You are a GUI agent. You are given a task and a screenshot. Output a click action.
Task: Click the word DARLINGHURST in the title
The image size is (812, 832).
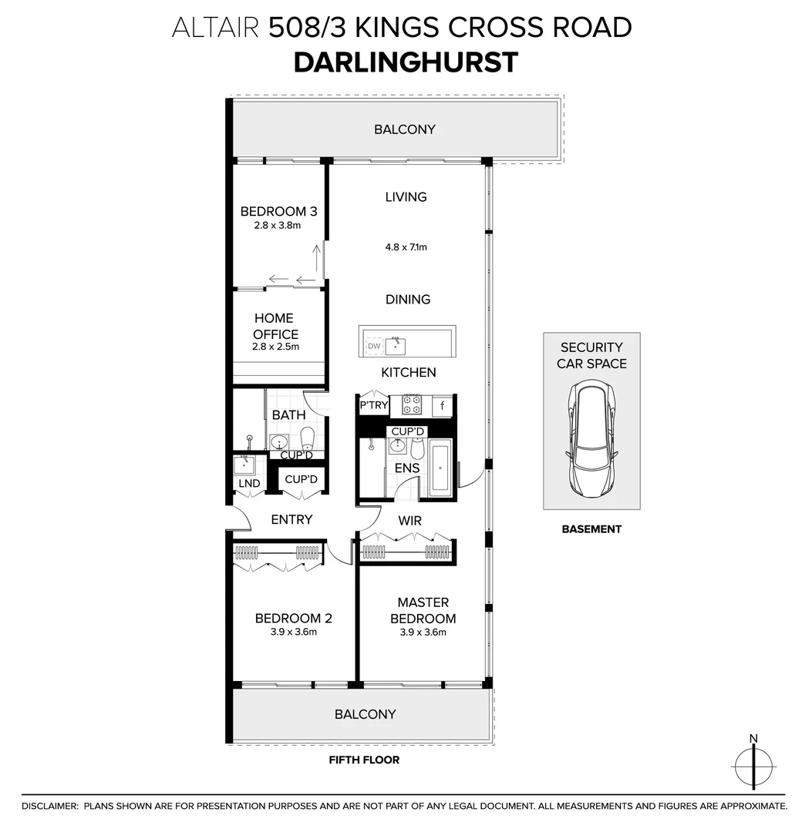point(406,62)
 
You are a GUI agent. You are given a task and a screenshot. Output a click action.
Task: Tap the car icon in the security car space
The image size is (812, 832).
point(591,442)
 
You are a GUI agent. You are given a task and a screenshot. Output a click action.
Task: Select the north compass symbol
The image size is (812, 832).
point(754,765)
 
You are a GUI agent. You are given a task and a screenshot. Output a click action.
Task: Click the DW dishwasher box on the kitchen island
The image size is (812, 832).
point(374,347)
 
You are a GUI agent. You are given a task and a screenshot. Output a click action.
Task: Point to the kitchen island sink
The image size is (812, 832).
point(396,345)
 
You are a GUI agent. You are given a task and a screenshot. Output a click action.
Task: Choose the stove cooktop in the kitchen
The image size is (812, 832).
point(410,405)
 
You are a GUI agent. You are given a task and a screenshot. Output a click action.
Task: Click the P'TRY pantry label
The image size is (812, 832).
point(373,404)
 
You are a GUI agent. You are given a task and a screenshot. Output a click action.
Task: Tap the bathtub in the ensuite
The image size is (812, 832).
point(440,468)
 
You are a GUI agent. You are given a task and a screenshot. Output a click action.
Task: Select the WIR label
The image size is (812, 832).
point(410,521)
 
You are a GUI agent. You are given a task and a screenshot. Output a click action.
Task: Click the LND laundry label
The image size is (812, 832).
point(249,484)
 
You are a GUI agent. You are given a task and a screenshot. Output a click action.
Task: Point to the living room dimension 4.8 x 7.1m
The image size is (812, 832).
point(406,247)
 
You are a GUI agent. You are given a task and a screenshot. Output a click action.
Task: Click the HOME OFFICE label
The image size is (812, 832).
point(275,326)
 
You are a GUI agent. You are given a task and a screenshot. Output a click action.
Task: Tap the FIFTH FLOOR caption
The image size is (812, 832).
point(364,760)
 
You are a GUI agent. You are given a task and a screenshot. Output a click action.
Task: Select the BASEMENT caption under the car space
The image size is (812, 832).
point(591,529)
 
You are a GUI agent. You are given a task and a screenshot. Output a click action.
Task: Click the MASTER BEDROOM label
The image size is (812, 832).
point(423,610)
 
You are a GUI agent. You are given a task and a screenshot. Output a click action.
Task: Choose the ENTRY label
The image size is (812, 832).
point(291,520)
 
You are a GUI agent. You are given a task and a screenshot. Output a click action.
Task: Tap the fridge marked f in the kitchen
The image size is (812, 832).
point(443,405)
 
